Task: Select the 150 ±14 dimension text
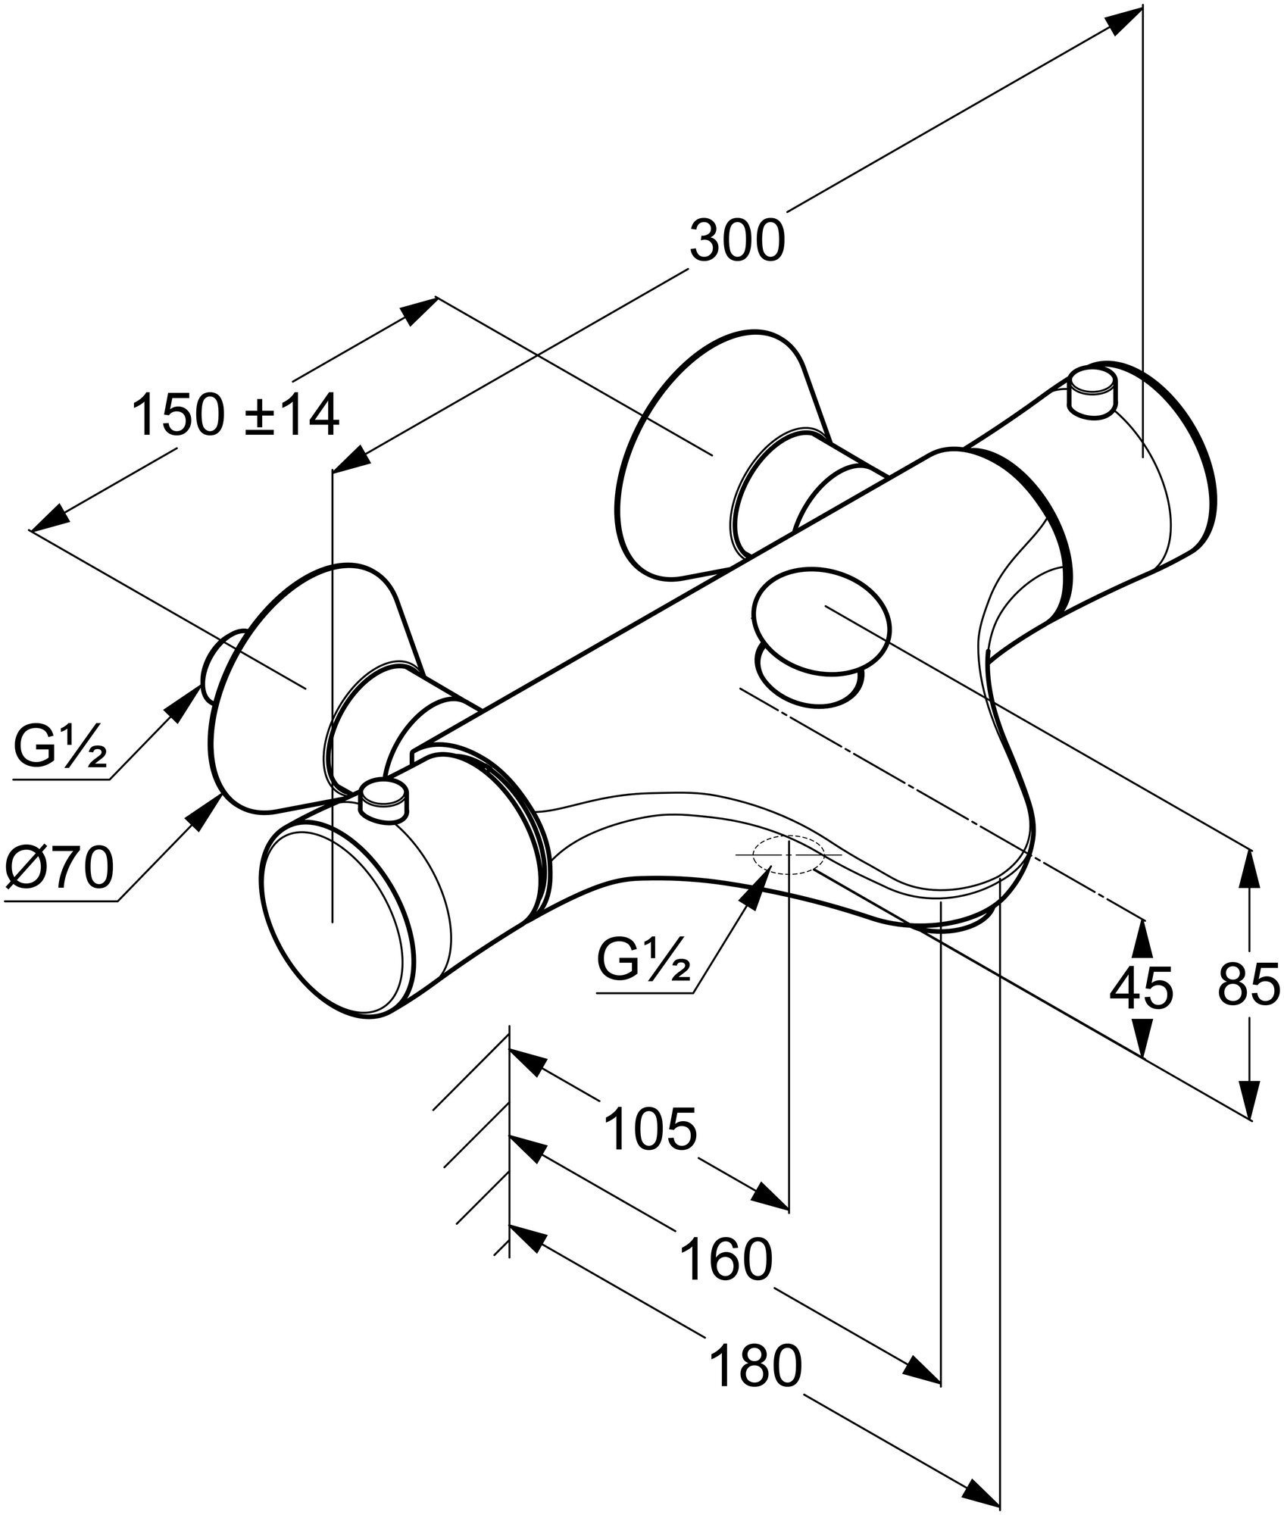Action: coord(236,416)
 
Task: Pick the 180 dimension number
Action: coord(755,1386)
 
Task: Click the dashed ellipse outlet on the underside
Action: coord(788,854)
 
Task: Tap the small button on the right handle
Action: coord(1092,392)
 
